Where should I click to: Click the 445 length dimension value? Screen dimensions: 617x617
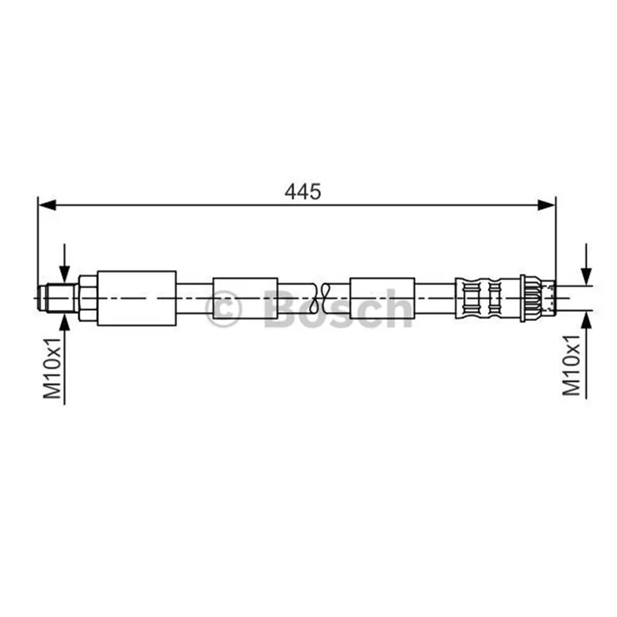tap(302, 191)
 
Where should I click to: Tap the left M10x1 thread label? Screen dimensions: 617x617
tap(52, 368)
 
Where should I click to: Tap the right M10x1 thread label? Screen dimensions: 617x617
tap(571, 365)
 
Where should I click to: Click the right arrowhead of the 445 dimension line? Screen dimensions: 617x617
tap(547, 204)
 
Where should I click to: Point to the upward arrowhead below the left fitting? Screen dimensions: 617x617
tap(65, 322)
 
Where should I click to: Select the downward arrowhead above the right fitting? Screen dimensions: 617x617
tap(586, 275)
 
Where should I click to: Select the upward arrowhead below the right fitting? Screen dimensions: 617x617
tap(586, 319)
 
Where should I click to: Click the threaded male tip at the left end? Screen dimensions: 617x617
tap(59, 298)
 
